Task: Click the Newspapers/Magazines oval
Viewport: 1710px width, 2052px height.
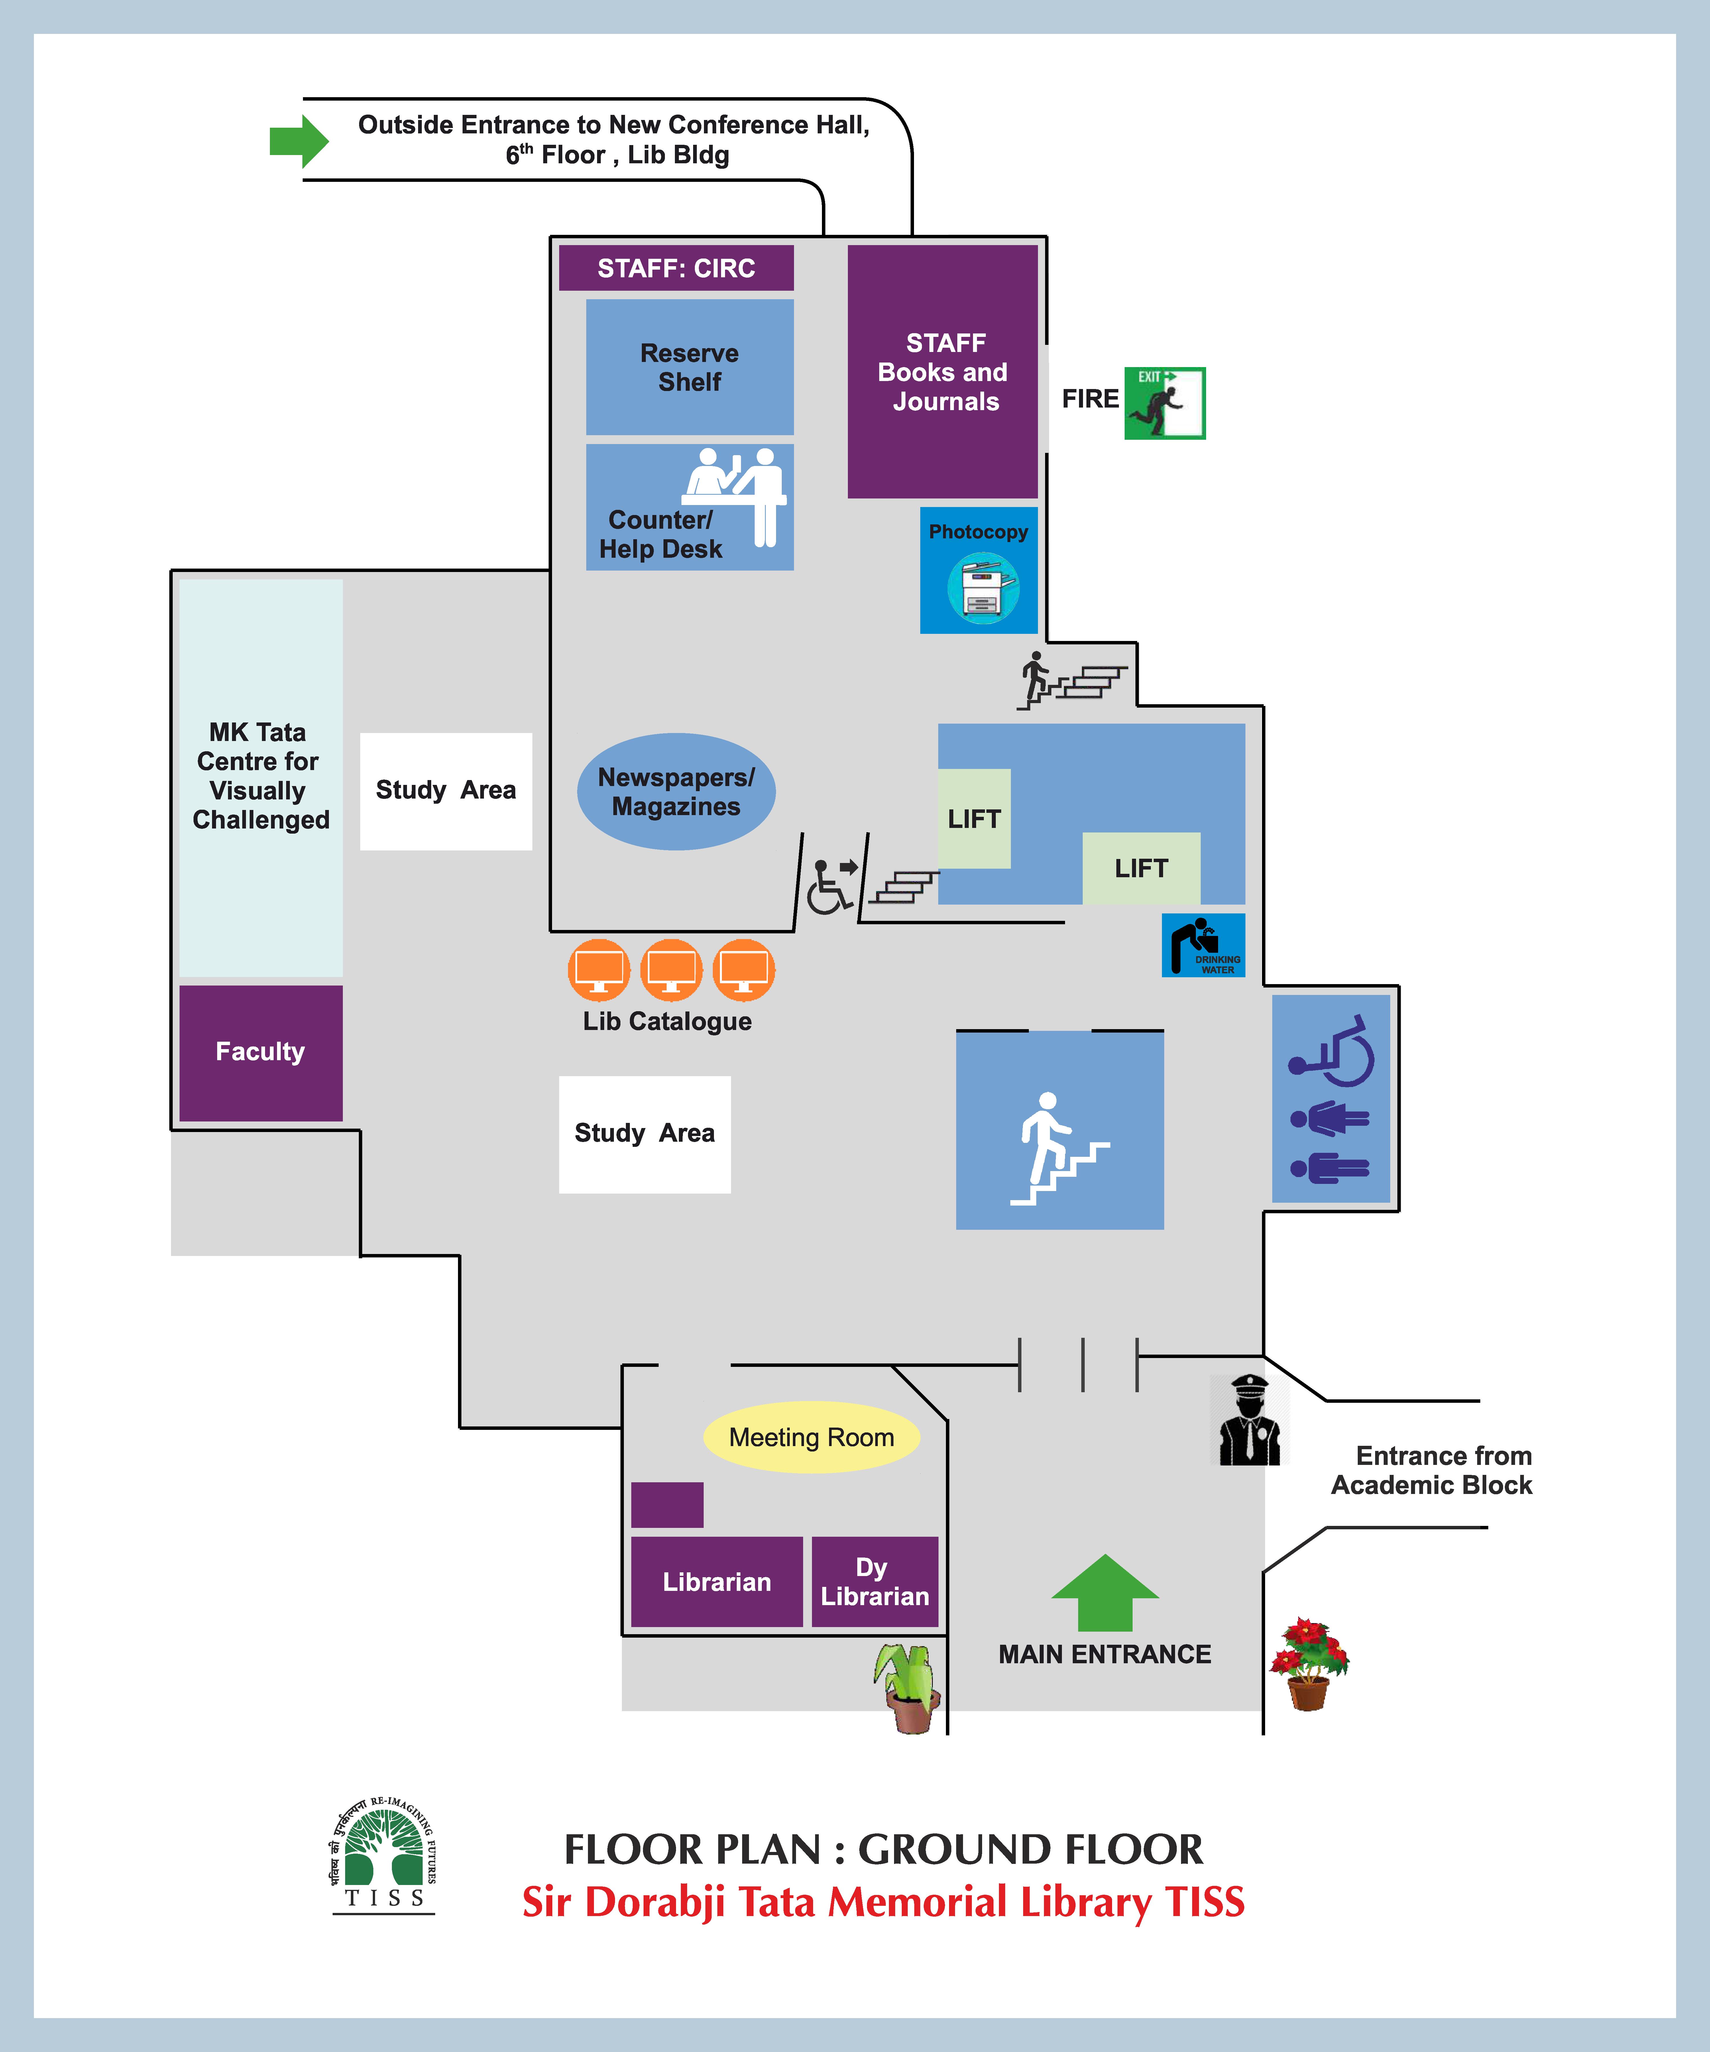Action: pos(676,791)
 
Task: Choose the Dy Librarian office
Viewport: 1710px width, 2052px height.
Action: pos(875,1581)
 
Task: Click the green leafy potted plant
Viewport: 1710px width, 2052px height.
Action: pos(909,1685)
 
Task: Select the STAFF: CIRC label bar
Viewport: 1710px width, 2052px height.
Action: pos(676,268)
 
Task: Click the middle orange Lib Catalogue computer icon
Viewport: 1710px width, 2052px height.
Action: pos(671,969)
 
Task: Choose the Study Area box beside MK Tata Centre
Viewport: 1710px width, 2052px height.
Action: pos(445,791)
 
